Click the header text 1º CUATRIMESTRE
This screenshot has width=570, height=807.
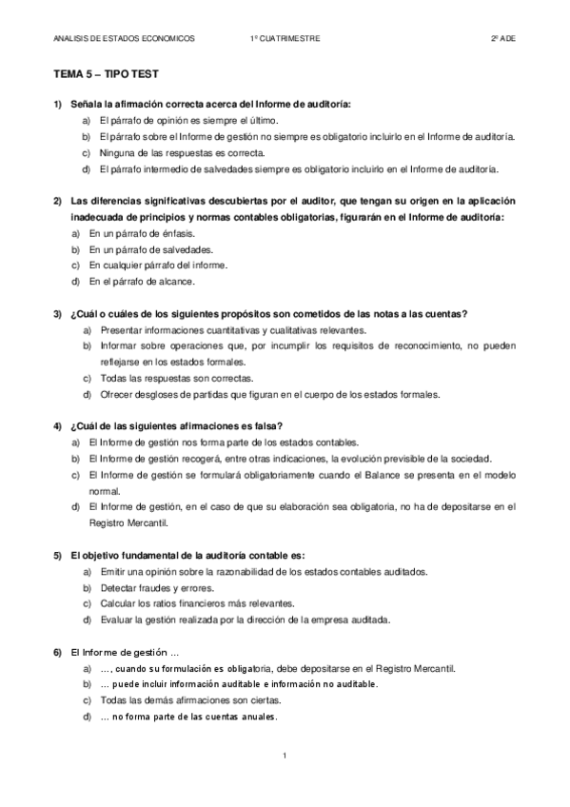(285, 39)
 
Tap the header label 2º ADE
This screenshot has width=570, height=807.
(503, 39)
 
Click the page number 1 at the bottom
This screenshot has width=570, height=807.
(285, 756)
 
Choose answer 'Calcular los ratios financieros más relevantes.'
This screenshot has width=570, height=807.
(190, 604)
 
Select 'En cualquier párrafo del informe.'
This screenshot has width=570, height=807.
(158, 266)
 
